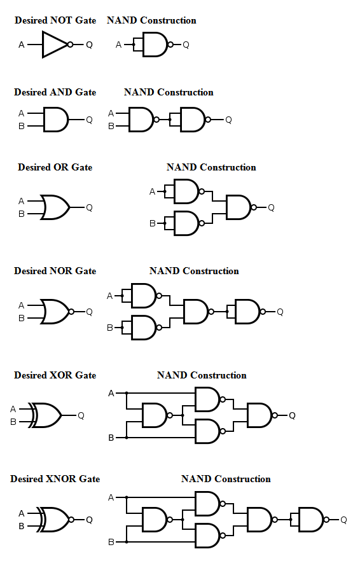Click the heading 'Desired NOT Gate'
click(x=55, y=20)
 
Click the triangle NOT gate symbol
click(x=55, y=45)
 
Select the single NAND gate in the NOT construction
click(x=155, y=45)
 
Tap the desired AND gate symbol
click(x=55, y=119)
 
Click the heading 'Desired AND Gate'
click(x=55, y=92)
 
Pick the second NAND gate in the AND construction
click(x=193, y=120)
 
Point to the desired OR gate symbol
click(x=55, y=207)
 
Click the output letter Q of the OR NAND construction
click(x=271, y=207)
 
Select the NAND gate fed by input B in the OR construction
click(x=186, y=223)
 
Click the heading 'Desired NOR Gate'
click(x=55, y=271)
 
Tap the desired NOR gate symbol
click(x=55, y=312)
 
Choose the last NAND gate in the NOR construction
click(x=247, y=312)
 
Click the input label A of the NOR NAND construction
click(x=109, y=296)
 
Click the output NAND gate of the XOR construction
click(x=259, y=415)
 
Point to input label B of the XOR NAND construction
click(x=111, y=438)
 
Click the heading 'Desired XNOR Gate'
click(x=55, y=479)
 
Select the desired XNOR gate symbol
click(x=54, y=520)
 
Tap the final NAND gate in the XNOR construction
click(x=311, y=520)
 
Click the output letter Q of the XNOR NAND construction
click(x=343, y=520)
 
